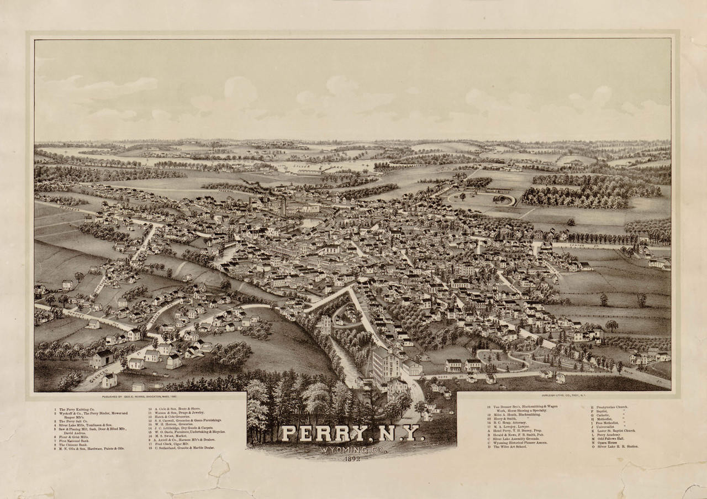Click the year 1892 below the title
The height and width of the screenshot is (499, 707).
(351, 459)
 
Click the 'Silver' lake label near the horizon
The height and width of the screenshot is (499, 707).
(302, 165)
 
